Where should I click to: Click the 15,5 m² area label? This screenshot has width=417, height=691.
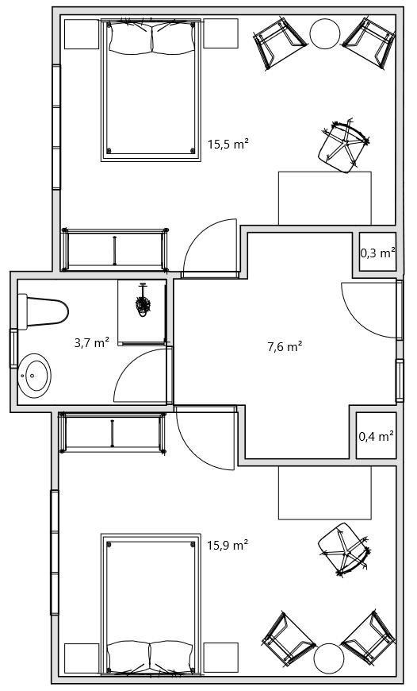228,144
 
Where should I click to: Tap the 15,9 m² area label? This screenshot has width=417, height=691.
228,545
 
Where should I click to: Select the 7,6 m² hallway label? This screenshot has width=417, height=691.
285,347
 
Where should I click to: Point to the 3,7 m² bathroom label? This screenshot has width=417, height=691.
92,342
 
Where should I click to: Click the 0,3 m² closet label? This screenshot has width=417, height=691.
378,253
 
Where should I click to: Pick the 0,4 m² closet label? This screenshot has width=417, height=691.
376,437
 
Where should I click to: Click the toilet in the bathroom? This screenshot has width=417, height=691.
43,311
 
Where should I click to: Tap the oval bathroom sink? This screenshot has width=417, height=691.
34,376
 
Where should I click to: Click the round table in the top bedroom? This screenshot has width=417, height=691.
325,33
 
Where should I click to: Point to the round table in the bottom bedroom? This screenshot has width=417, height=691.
329,658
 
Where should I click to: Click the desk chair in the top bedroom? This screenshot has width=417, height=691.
343,145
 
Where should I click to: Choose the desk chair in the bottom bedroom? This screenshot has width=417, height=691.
343,550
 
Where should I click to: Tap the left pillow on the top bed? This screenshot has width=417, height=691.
131,38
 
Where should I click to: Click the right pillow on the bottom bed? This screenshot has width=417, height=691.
171,657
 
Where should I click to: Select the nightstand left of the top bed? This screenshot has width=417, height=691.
82,33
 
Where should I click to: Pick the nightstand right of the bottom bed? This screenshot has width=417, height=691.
221,658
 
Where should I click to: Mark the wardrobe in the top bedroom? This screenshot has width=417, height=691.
115,249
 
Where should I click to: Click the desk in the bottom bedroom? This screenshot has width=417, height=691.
324,492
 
